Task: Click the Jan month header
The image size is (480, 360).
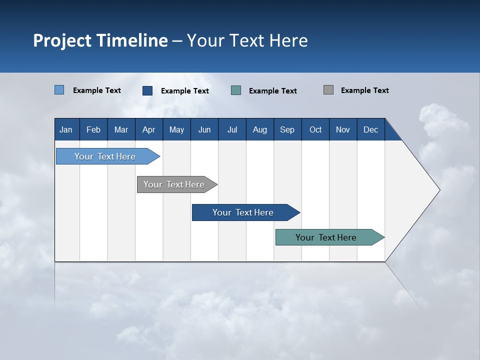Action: pyautogui.click(x=66, y=129)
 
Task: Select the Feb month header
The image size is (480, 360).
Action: pyautogui.click(x=93, y=129)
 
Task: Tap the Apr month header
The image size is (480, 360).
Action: pyautogui.click(x=149, y=129)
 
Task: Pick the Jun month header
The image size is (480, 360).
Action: pyautogui.click(x=204, y=129)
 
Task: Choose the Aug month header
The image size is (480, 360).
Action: pyautogui.click(x=260, y=129)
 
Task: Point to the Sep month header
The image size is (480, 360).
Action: pyautogui.click(x=287, y=129)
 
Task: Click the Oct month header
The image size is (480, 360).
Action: pyautogui.click(x=315, y=129)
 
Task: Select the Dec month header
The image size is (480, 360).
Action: pyautogui.click(x=371, y=129)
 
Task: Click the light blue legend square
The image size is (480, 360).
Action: pyautogui.click(x=59, y=90)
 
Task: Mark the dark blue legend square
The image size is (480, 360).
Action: pyautogui.click(x=147, y=90)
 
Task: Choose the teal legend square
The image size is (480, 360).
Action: pyautogui.click(x=236, y=90)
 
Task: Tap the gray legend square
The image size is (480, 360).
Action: pyautogui.click(x=328, y=90)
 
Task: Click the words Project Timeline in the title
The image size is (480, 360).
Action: pyautogui.click(x=100, y=40)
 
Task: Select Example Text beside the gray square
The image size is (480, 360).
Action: pyautogui.click(x=364, y=90)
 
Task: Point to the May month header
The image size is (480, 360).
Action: pyautogui.click(x=176, y=129)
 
